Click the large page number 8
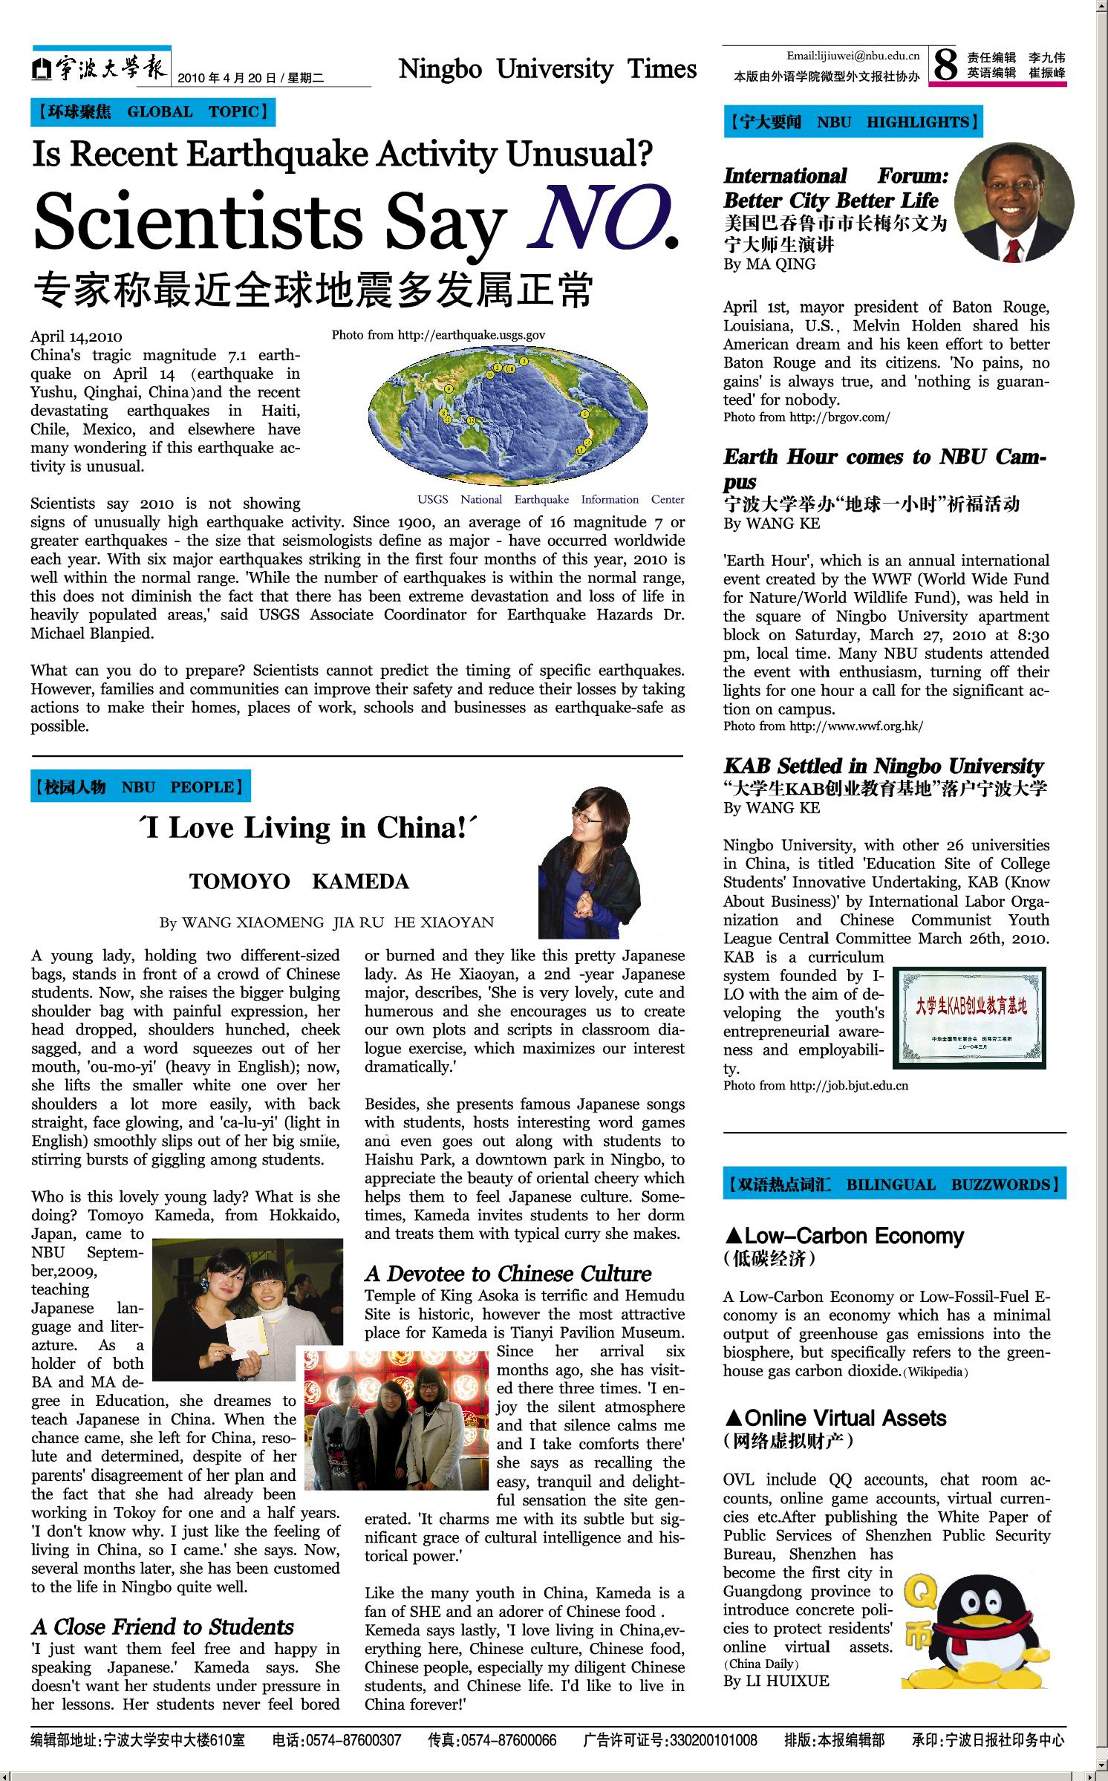tap(945, 65)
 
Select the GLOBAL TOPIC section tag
tap(153, 112)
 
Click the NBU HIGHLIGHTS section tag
tap(853, 122)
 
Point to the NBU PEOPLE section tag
tap(140, 787)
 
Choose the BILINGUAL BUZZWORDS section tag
tap(894, 1184)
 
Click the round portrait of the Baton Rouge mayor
tap(1014, 201)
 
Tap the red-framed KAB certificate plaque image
tap(969, 1017)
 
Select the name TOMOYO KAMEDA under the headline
tap(299, 882)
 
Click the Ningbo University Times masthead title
tap(547, 69)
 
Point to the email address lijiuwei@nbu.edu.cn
tap(853, 56)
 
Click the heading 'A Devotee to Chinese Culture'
tap(508, 1274)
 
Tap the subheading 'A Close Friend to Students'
tap(163, 1627)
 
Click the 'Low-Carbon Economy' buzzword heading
tap(845, 1236)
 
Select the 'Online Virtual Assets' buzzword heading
tap(836, 1419)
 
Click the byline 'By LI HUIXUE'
tap(775, 1681)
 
